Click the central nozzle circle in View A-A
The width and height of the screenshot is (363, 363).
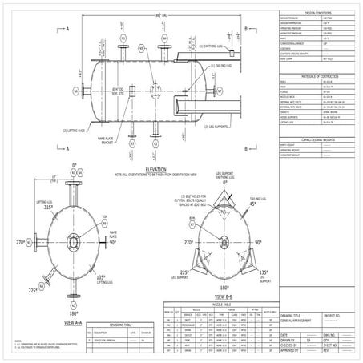click(74, 241)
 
